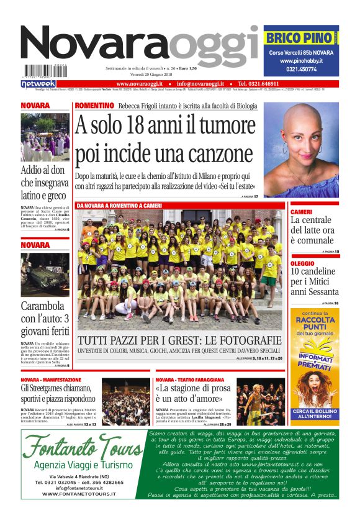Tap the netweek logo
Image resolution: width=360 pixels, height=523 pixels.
pos(38,83)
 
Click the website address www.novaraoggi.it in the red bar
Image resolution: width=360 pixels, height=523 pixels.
pos(139,83)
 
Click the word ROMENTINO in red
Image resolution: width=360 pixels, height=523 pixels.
pos(94,106)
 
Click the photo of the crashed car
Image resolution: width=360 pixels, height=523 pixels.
pos(45,274)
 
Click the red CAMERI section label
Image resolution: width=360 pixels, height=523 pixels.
pos(302,212)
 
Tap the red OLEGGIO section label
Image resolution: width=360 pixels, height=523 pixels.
pos(303,263)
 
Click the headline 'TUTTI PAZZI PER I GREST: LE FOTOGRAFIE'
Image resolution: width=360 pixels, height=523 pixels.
pos(179,341)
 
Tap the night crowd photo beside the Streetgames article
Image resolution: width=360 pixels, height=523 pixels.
pos(126,402)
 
